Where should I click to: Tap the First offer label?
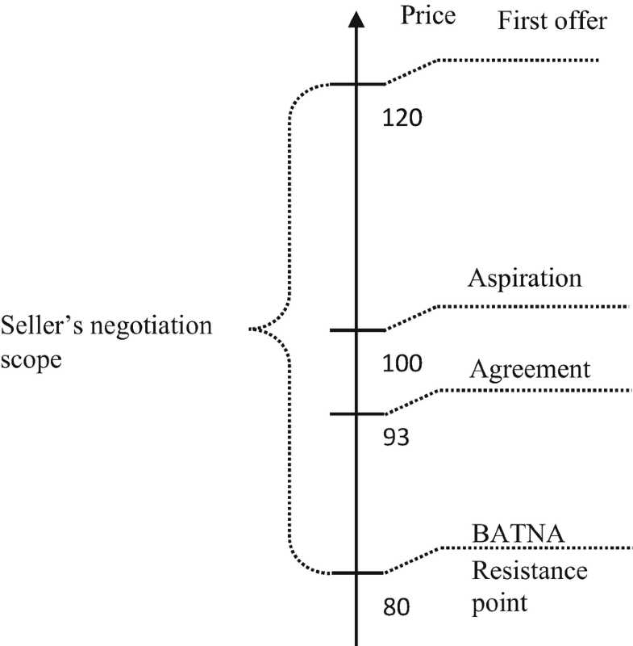[552, 20]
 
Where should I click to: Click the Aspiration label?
[524, 279]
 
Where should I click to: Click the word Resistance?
[529, 572]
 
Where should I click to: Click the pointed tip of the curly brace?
[250, 329]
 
